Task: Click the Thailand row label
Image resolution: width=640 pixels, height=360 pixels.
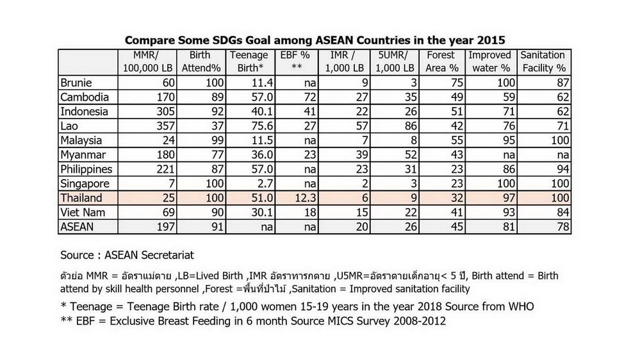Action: (81, 198)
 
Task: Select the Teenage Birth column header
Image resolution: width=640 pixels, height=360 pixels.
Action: (249, 61)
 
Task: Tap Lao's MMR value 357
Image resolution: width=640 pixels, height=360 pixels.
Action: (166, 126)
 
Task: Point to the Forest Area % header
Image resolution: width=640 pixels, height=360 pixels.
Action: (442, 61)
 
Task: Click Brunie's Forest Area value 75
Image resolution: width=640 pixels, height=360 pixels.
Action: (457, 83)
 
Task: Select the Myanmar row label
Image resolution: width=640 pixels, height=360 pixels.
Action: (83, 155)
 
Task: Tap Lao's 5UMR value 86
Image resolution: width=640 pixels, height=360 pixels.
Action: (411, 126)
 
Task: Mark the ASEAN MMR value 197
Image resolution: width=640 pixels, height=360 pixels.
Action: (166, 227)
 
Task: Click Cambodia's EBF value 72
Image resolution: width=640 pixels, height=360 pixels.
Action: (311, 97)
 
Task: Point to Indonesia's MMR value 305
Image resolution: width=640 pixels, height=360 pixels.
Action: (166, 112)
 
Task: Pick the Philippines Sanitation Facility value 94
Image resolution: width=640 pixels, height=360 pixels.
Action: (563, 169)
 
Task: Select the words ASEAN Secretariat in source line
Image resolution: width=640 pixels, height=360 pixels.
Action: (149, 255)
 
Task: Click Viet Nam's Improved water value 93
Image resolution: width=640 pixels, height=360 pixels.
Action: (509, 213)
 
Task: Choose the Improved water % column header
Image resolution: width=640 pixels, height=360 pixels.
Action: (490, 61)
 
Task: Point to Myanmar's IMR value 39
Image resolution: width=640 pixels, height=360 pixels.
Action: (362, 155)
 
